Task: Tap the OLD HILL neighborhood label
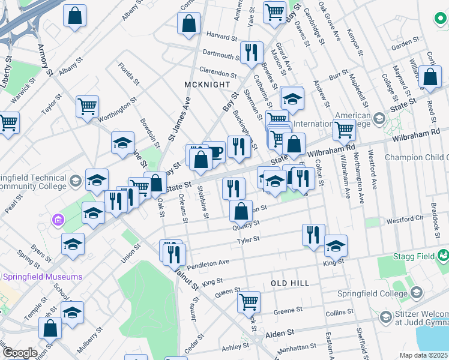[x=290, y=283]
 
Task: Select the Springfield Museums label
[x=43, y=277]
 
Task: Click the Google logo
[x=19, y=352]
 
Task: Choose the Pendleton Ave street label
[x=208, y=262]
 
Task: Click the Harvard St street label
[x=221, y=37]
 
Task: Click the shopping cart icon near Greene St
[x=249, y=302]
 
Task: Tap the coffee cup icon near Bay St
[x=214, y=152]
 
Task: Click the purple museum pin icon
[x=57, y=220]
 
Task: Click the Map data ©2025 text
[x=423, y=355]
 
